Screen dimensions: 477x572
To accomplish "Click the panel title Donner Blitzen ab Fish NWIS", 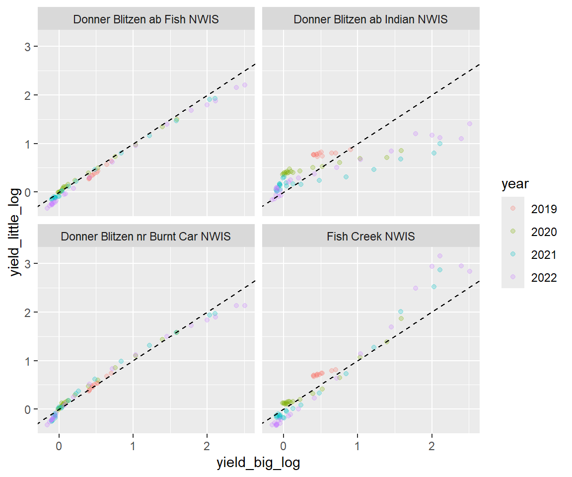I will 146,20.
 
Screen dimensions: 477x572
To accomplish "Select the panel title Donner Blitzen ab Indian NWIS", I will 370,20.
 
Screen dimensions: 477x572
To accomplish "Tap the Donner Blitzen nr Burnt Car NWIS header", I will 146,237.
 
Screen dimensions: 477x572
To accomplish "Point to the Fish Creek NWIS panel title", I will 370,237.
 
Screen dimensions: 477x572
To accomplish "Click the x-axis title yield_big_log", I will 258,463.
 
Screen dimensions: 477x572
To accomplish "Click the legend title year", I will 515,184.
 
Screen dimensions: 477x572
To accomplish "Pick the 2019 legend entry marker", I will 513,209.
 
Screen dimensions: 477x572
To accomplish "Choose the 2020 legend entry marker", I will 513,232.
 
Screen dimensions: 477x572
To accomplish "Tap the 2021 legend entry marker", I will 513,254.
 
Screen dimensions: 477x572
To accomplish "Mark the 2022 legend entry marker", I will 513,277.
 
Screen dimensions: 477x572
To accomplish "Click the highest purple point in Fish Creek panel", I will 439,256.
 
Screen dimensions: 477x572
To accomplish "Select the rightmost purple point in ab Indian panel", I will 469,124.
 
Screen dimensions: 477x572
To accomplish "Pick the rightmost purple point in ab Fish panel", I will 244,85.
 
